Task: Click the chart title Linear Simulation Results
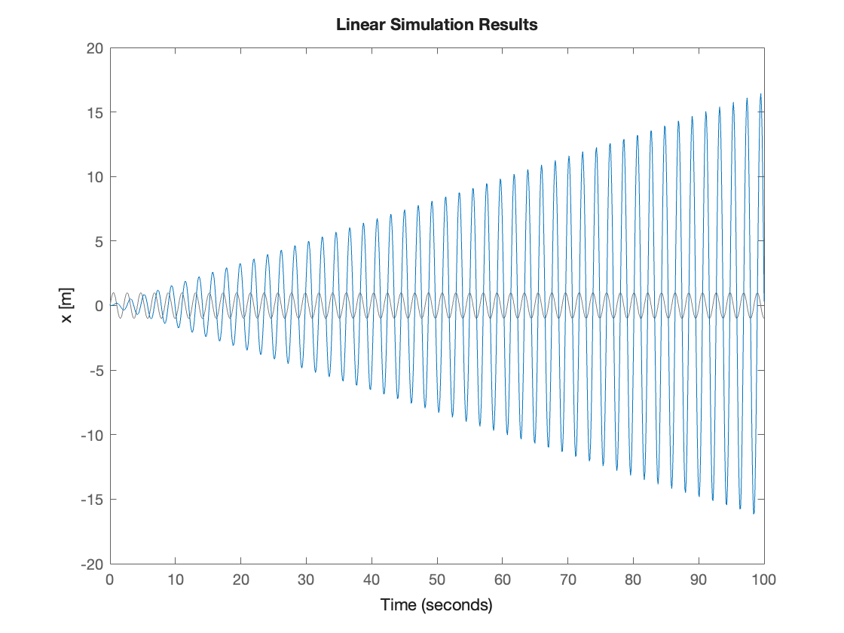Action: pyautogui.click(x=437, y=25)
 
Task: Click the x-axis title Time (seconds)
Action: pyautogui.click(x=436, y=604)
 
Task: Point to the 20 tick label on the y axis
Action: pyautogui.click(x=94, y=48)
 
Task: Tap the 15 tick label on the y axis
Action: pyautogui.click(x=94, y=113)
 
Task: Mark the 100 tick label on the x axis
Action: pyautogui.click(x=763, y=579)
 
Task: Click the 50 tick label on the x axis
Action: pyautogui.click(x=437, y=579)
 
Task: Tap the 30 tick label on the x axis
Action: pyautogui.click(x=306, y=579)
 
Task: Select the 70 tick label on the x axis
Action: pyautogui.click(x=568, y=579)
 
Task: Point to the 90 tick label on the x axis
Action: pyautogui.click(x=699, y=579)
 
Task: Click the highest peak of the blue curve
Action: pyautogui.click(x=760, y=94)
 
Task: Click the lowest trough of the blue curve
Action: pyautogui.click(x=754, y=514)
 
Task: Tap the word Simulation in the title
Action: pyautogui.click(x=438, y=25)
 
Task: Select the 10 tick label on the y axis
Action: pyautogui.click(x=94, y=177)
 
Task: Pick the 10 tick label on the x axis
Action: pyautogui.click(x=176, y=579)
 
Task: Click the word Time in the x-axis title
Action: pyautogui.click(x=397, y=604)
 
